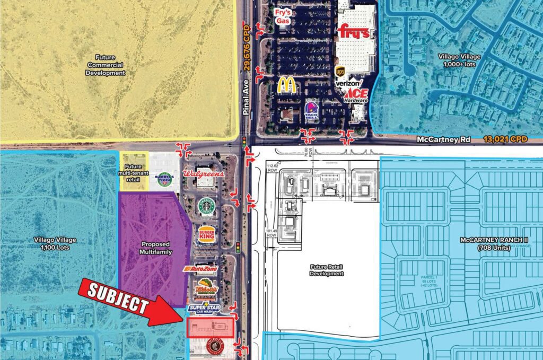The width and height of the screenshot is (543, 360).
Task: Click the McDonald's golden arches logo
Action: point(286,85)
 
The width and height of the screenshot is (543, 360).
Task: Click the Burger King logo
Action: point(207,234)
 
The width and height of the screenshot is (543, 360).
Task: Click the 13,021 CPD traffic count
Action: point(506,139)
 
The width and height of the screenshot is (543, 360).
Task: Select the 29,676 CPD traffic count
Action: point(247,46)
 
